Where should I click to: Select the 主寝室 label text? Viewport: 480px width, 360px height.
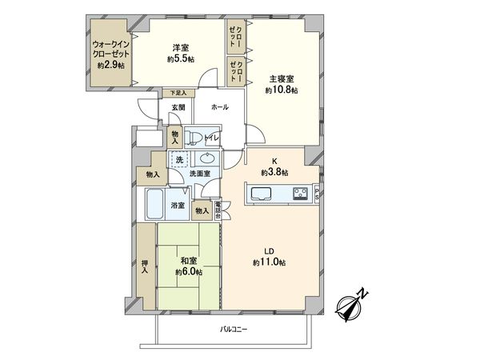(282, 79)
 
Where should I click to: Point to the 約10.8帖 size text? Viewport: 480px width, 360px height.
(282, 90)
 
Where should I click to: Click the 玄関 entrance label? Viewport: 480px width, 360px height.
(177, 107)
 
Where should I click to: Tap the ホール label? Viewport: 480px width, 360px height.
(219, 106)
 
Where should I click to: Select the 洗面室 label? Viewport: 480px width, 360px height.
(199, 174)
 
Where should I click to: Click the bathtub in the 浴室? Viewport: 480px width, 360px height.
(156, 206)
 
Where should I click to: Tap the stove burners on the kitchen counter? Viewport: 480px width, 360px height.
(300, 193)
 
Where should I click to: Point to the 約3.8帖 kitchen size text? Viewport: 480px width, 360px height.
(274, 172)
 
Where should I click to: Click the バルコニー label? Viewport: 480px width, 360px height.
(233, 329)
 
